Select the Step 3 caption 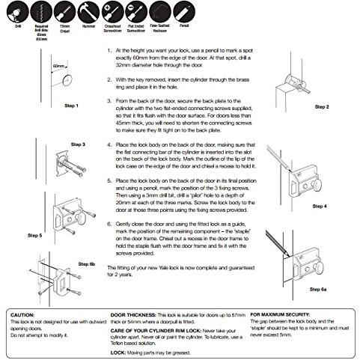pos(78,143)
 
